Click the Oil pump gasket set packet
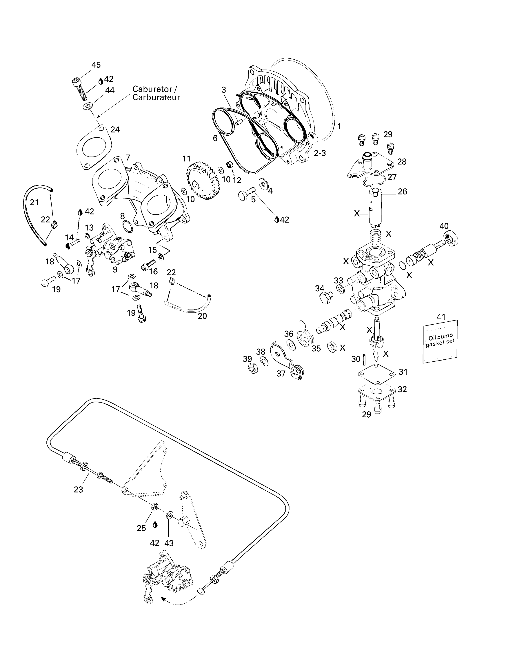pos(440,341)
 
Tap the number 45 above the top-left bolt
pos(96,65)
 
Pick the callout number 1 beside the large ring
pos(339,126)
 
